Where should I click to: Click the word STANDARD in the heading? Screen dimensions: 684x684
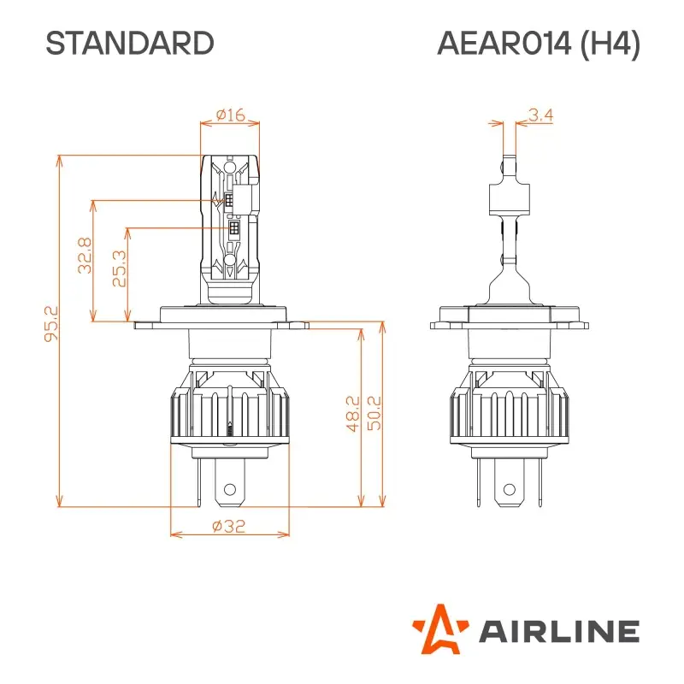130,44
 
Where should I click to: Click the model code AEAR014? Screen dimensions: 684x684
504,44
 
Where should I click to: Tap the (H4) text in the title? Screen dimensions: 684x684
610,44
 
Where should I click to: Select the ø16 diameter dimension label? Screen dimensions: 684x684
231,115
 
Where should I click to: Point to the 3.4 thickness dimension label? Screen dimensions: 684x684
540,115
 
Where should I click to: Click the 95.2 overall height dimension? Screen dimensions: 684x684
51,323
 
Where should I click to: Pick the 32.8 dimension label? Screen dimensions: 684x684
85,255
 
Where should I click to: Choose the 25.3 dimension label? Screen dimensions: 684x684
119,268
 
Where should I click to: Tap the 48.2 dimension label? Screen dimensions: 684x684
353,414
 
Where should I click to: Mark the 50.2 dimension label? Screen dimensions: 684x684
374,413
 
